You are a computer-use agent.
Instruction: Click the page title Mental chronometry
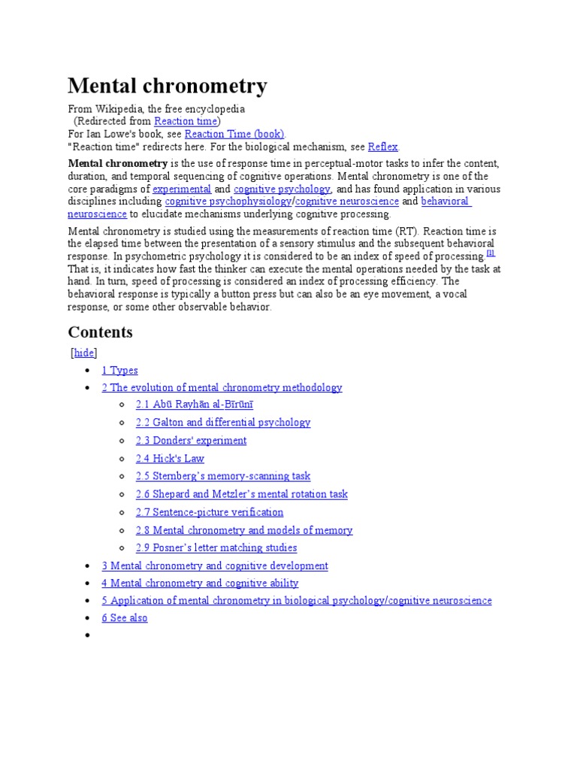point(168,86)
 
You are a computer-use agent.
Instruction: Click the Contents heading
point(100,332)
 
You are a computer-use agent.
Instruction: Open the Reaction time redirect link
point(186,121)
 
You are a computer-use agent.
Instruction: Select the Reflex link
point(382,147)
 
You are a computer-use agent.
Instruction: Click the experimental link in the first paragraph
point(182,189)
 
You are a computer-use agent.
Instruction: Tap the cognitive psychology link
point(282,189)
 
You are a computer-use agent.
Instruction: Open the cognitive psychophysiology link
point(228,202)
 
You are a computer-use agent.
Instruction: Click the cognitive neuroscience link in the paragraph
point(347,202)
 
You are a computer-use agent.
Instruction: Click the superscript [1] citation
point(491,254)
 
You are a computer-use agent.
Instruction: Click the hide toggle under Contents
point(84,353)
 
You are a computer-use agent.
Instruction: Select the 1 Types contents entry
point(120,370)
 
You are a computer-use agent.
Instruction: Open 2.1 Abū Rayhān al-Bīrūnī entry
point(195,405)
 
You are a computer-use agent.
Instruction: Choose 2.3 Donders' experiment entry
point(191,441)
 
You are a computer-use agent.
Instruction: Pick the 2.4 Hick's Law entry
point(170,459)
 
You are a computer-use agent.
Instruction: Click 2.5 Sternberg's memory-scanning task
point(223,476)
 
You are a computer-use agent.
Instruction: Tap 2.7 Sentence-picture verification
point(210,512)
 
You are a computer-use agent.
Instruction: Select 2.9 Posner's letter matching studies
point(216,548)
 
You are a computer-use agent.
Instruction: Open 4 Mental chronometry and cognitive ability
point(200,583)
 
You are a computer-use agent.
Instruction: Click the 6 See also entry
point(125,618)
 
